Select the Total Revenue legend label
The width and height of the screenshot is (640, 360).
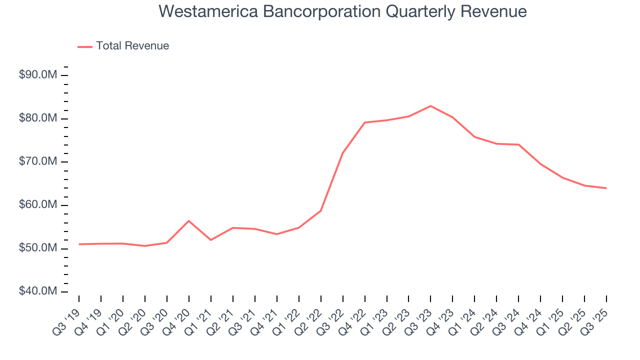coord(132,46)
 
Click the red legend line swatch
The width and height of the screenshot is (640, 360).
coord(85,46)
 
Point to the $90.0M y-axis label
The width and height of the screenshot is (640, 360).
coord(38,75)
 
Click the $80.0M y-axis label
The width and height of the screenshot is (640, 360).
coord(38,118)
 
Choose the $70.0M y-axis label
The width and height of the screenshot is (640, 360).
coord(38,161)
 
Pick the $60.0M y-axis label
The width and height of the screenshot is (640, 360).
coord(38,205)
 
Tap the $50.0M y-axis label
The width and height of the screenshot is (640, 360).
coord(38,248)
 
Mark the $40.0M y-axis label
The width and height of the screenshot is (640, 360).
coord(38,291)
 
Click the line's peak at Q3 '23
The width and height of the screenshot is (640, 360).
coord(430,106)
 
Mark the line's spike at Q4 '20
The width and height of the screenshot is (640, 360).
coord(189,220)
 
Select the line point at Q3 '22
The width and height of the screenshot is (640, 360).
coord(343,152)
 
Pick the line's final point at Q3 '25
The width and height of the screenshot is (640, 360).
coord(606,188)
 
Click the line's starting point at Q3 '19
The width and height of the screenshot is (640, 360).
coord(79,244)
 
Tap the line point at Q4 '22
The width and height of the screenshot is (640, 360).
coord(365,122)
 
